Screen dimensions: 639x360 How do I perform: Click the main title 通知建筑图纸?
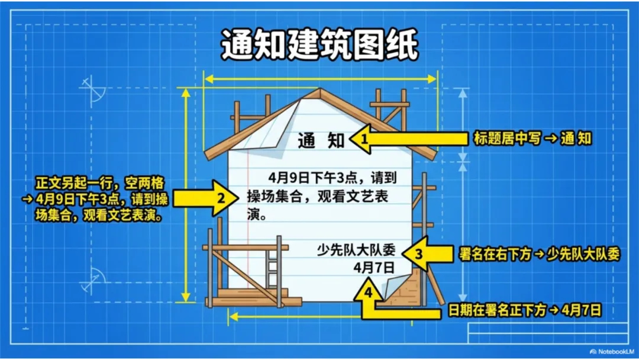(319, 44)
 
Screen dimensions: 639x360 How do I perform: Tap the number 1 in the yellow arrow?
(365, 140)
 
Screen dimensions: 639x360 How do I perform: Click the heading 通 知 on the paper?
(321, 141)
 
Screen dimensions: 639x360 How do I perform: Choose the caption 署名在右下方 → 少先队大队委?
(539, 255)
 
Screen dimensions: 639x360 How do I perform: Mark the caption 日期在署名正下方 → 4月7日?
(524, 310)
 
